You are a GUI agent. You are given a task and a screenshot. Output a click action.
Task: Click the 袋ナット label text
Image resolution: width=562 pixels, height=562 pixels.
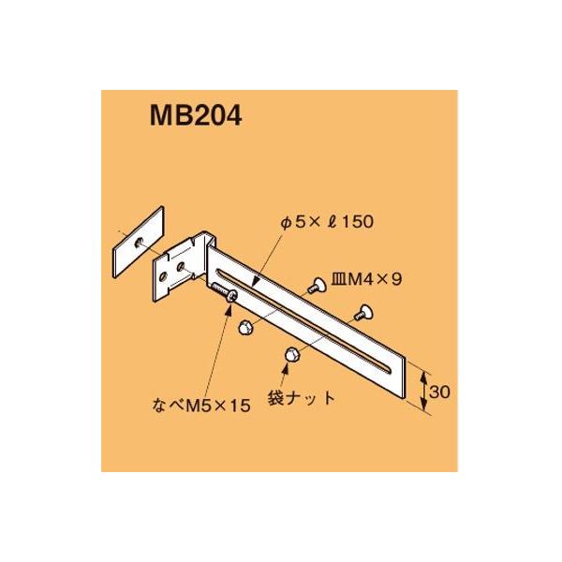click(x=303, y=397)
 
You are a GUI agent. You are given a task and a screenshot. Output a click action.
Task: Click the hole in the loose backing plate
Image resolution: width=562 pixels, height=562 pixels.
click(x=138, y=242)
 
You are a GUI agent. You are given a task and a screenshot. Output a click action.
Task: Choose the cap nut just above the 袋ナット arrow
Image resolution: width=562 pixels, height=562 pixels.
click(x=289, y=353)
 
